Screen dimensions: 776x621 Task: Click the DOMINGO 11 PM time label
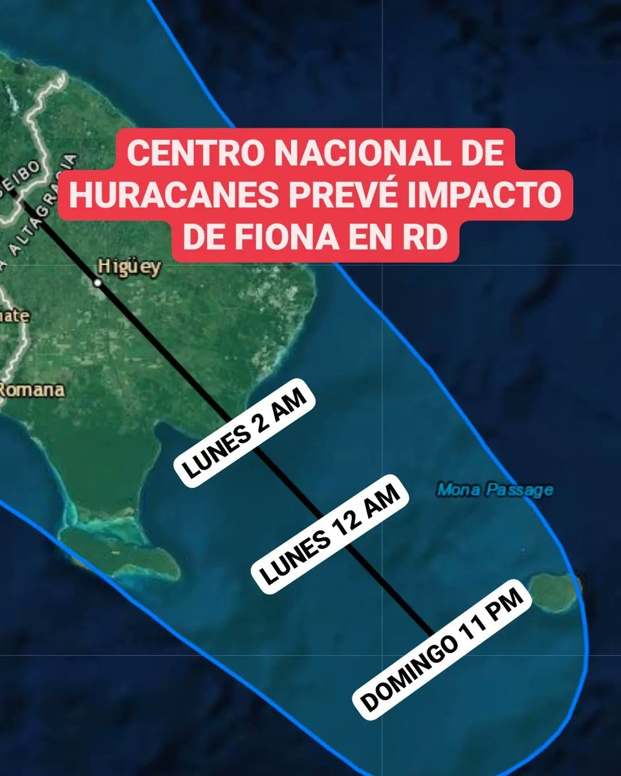(x=442, y=647)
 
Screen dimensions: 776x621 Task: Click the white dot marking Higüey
(x=97, y=283)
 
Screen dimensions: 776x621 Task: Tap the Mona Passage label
(x=495, y=490)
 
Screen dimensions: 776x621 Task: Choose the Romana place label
(x=31, y=390)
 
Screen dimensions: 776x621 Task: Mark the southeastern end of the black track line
(x=430, y=632)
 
